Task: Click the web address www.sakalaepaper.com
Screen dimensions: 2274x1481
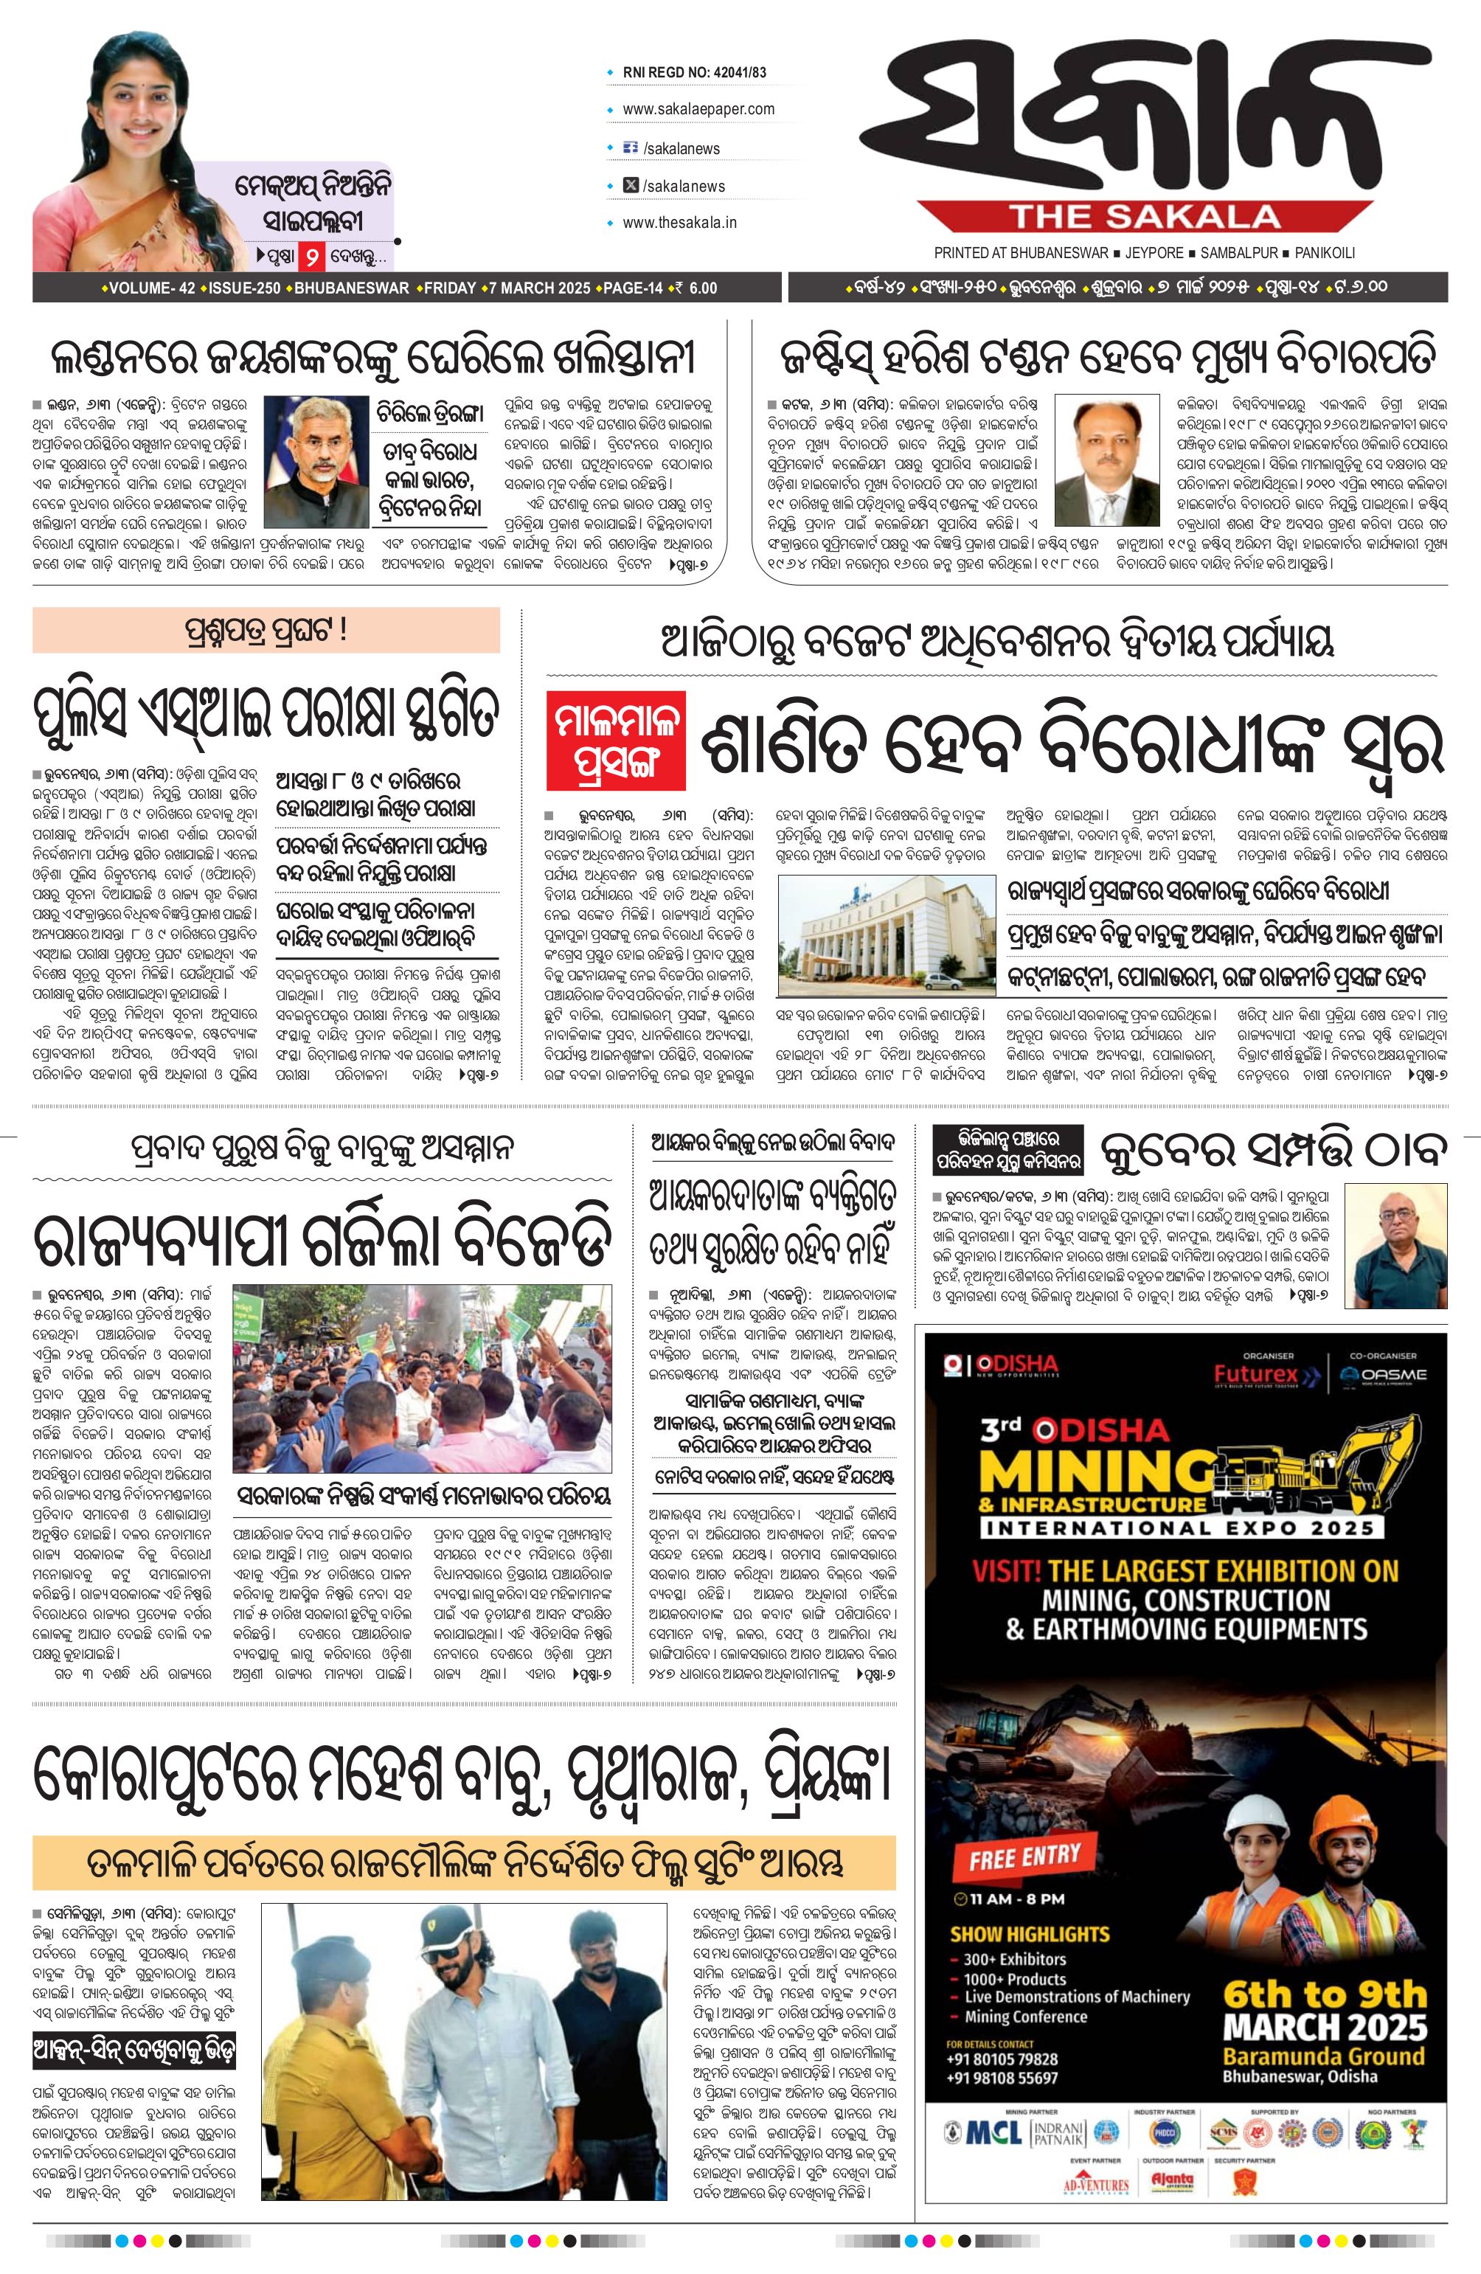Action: coord(698,110)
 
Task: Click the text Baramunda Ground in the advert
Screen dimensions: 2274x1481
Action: coord(1323,2054)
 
